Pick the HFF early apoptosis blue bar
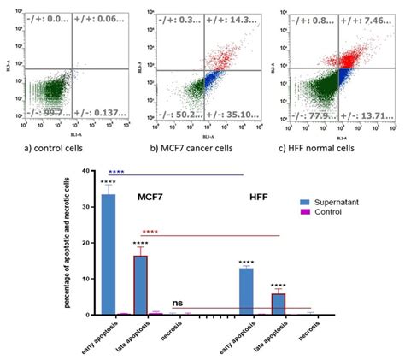pos(246,291)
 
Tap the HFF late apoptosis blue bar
pos(278,304)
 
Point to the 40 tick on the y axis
pos(85,171)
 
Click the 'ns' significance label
pos(178,303)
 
